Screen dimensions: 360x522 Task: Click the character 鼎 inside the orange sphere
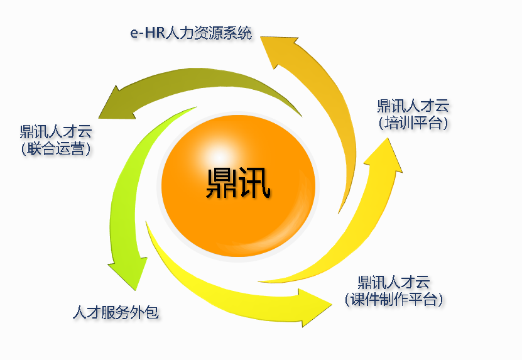click(222, 183)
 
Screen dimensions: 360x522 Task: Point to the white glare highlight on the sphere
click(219, 153)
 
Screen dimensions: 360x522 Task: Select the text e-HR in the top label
click(146, 33)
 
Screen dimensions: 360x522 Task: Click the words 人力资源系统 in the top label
click(208, 33)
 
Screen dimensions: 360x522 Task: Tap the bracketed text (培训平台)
click(414, 123)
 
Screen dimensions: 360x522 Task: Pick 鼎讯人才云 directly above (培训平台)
click(414, 105)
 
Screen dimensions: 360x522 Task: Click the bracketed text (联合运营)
click(56, 149)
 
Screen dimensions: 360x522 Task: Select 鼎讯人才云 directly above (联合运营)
click(56, 131)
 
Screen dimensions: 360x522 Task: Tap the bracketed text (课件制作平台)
click(394, 299)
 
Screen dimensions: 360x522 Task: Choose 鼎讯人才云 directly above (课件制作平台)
click(394, 281)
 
